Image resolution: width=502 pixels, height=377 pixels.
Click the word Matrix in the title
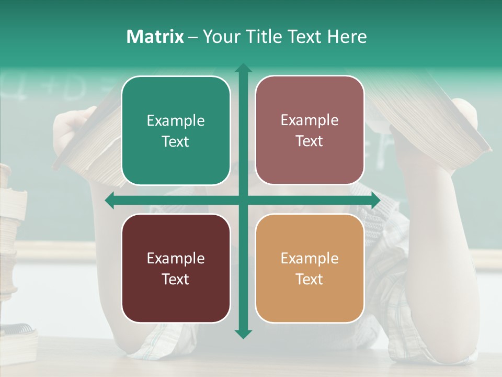[155, 37]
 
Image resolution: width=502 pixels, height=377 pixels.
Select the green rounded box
[176, 130]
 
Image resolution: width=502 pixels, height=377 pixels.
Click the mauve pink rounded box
[310, 130]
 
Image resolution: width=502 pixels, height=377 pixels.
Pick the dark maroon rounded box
[176, 268]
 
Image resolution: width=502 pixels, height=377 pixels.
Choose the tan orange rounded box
[310, 268]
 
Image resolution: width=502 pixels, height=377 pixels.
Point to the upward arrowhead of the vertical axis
[243, 69]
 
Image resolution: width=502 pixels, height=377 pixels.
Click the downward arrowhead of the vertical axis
[243, 334]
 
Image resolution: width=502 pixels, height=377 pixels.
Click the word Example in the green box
[176, 121]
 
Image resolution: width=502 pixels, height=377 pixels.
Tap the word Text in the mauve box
[310, 141]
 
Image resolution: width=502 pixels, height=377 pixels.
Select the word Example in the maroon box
[176, 258]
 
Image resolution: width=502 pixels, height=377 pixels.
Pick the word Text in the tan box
[310, 279]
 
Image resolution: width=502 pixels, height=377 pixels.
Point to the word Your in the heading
[220, 37]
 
